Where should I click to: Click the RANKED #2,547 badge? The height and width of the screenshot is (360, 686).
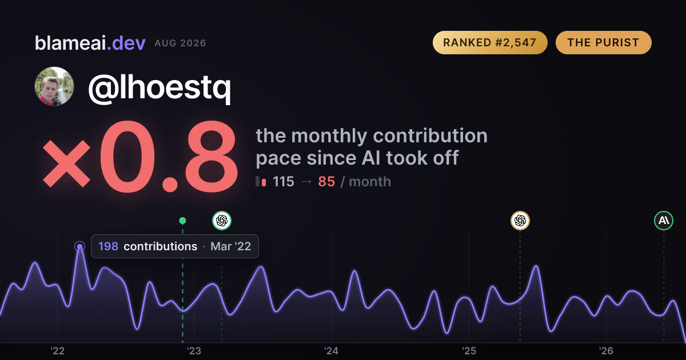coord(490,42)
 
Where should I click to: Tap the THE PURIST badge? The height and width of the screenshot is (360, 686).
coord(603,42)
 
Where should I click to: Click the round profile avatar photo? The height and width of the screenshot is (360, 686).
coord(54,86)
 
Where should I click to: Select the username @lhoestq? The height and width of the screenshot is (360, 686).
coord(159,87)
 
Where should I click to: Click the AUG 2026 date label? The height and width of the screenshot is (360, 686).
coord(180,43)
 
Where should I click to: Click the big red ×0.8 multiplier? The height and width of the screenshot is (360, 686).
coord(140,157)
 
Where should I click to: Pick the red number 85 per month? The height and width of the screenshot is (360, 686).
coord(326,182)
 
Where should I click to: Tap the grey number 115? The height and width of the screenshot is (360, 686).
coord(284,182)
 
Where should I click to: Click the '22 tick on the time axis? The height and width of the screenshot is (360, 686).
coord(57,351)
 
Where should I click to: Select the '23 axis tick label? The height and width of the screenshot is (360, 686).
coord(194,351)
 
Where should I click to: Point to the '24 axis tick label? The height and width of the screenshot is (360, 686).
coord(332,351)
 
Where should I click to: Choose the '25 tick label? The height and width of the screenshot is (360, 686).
coord(469,351)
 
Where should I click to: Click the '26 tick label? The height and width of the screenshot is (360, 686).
coord(606,351)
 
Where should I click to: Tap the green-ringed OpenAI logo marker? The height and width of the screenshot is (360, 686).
coord(222,221)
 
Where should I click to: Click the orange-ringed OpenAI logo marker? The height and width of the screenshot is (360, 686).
coord(520,221)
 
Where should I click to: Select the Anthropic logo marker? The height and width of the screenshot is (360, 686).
coord(664,221)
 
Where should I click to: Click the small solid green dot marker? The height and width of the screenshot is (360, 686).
coord(182,221)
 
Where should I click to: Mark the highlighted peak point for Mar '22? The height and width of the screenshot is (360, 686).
coord(79,246)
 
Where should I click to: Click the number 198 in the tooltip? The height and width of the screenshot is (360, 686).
coord(108,246)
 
